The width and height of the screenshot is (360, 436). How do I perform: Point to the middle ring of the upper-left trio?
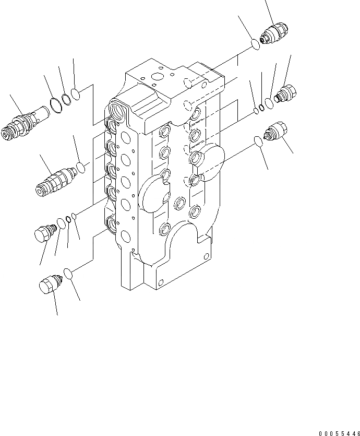click(66, 100)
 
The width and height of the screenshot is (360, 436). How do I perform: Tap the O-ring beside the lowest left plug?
click(68, 272)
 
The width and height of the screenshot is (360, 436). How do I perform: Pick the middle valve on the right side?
click(286, 95)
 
